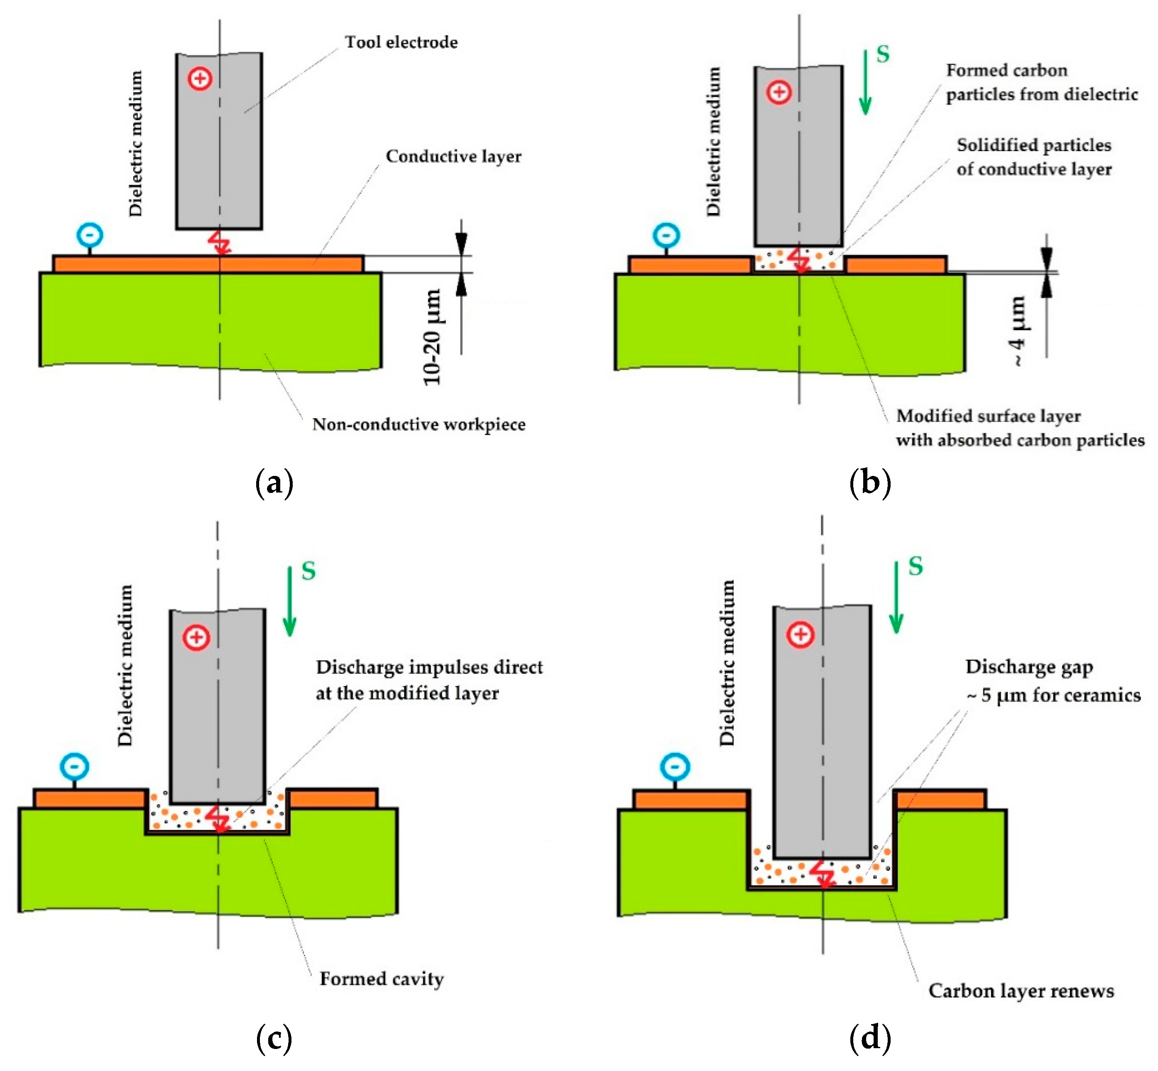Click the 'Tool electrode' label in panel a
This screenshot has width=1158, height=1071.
[x=401, y=42]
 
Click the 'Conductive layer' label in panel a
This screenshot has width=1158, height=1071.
[x=453, y=157]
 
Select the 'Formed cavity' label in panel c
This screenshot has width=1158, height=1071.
[x=382, y=979]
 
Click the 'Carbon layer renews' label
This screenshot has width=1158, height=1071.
[x=1021, y=991]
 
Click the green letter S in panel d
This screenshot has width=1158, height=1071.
[x=915, y=566]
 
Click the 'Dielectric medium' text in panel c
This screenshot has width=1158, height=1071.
[x=125, y=665]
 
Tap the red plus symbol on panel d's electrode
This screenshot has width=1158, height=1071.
[x=801, y=635]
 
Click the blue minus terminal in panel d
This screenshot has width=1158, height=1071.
[x=675, y=766]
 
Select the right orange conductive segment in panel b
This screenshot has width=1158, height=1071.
[x=896, y=265]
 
